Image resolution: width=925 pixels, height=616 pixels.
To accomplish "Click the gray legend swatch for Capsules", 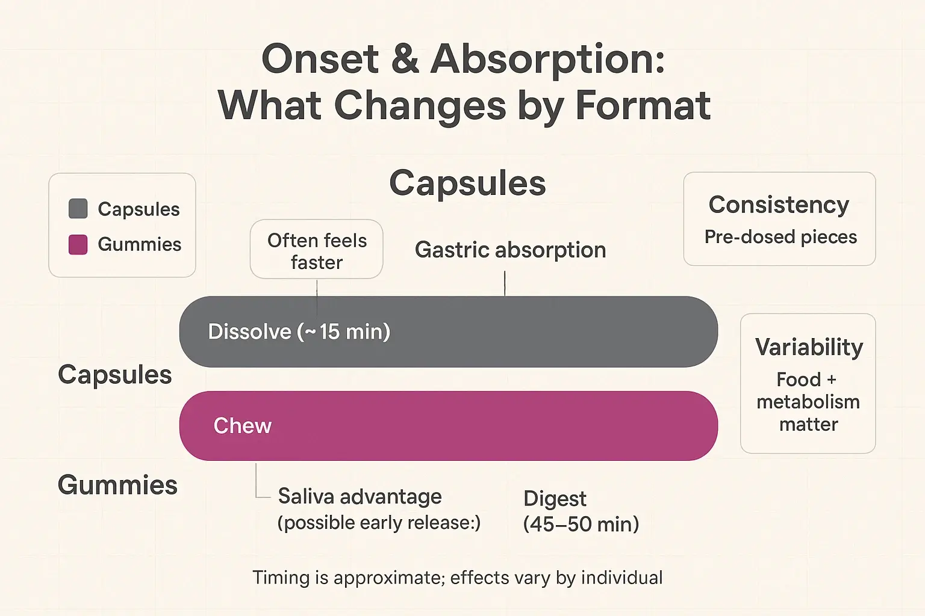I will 78,209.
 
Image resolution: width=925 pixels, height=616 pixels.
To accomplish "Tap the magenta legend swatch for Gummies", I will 78,244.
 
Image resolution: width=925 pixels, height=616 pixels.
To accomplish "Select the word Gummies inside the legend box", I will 139,244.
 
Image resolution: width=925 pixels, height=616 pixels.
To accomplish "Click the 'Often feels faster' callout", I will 317,250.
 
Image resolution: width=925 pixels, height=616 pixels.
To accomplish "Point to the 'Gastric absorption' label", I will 510,250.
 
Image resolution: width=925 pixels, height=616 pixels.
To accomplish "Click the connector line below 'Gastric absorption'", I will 505,283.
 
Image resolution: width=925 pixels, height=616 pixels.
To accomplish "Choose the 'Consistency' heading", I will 779,205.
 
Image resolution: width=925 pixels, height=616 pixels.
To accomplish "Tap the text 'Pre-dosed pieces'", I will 780,237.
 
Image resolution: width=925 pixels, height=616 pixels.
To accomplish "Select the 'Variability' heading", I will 809,347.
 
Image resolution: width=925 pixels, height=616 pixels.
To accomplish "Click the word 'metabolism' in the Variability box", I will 808,402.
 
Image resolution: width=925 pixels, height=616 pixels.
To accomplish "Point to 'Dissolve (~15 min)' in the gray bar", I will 299,331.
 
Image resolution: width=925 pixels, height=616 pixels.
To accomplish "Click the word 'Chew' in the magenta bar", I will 243,426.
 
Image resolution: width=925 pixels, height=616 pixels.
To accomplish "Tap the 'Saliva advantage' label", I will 360,497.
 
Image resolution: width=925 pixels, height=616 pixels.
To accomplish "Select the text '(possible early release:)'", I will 379,523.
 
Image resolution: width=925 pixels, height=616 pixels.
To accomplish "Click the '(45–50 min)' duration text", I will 581,524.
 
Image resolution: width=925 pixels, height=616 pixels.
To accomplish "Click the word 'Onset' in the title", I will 320,59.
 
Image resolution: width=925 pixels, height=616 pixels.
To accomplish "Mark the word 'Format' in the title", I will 643,106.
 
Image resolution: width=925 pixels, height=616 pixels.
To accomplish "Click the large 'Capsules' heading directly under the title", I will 467,183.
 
